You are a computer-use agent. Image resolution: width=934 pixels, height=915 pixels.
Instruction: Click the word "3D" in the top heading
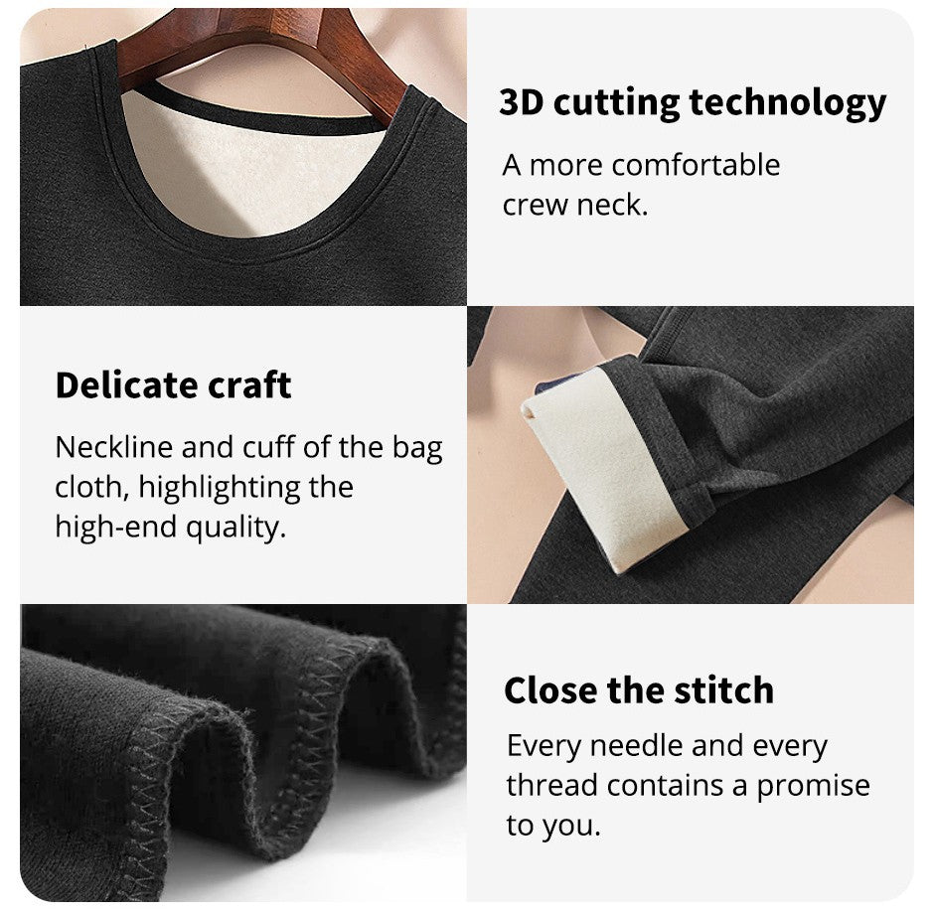click(522, 102)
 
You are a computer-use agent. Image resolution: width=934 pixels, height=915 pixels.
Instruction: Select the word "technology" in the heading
click(788, 103)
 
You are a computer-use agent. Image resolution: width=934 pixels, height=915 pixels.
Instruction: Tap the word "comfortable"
click(696, 165)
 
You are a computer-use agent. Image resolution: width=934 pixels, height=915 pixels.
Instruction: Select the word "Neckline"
click(114, 447)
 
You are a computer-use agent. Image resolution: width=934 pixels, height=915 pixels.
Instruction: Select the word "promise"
click(813, 786)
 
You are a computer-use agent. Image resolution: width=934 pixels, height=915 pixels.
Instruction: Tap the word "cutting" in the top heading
click(616, 103)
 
